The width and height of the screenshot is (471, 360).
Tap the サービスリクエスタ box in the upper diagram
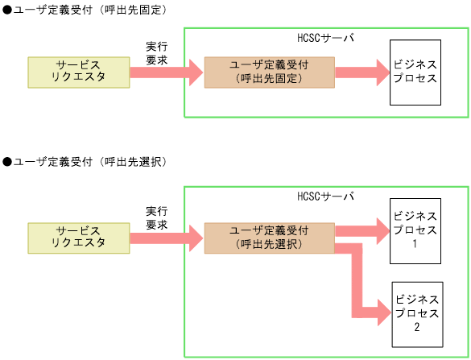click(79, 72)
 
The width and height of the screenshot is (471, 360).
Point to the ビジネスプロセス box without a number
click(415, 72)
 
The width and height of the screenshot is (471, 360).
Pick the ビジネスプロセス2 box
click(417, 308)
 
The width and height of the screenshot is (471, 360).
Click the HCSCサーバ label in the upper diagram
click(325, 38)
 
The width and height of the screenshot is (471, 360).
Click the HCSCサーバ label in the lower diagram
click(325, 197)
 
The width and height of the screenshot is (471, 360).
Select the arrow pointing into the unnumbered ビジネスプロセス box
click(362, 72)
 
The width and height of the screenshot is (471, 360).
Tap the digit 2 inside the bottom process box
click(417, 327)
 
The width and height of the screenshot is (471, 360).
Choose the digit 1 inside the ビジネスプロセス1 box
click(415, 244)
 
